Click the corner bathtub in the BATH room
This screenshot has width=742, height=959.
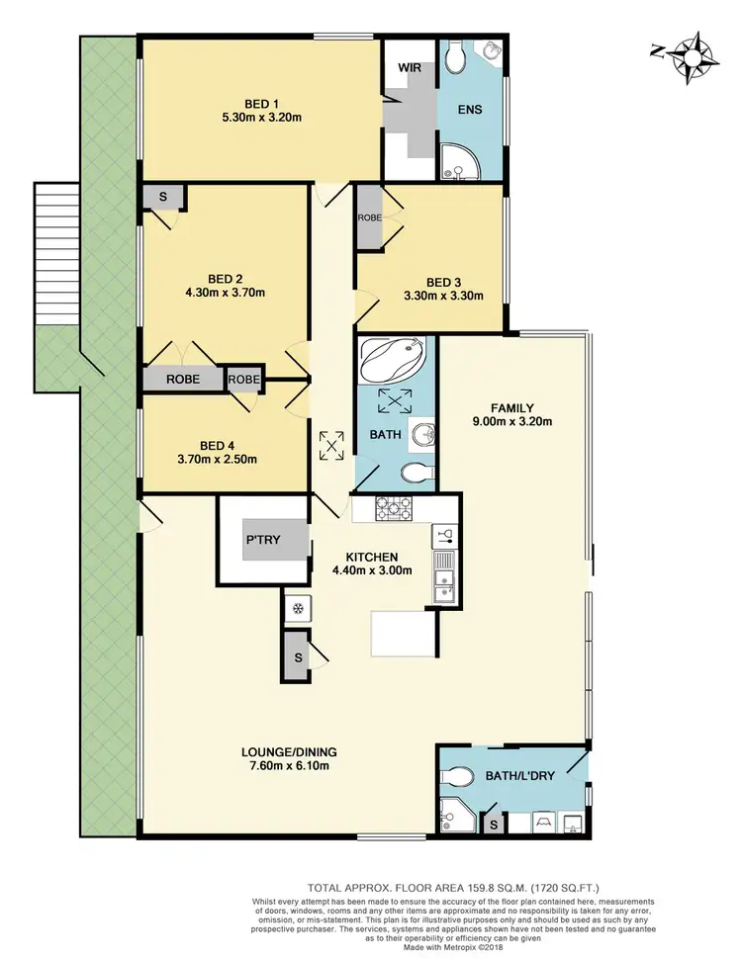[x=393, y=359]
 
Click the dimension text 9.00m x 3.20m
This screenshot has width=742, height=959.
[x=512, y=421]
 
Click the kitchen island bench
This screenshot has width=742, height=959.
[x=404, y=633]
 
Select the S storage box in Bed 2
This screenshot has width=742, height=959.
[x=161, y=197]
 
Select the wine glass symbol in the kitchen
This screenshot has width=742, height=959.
[x=444, y=537]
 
